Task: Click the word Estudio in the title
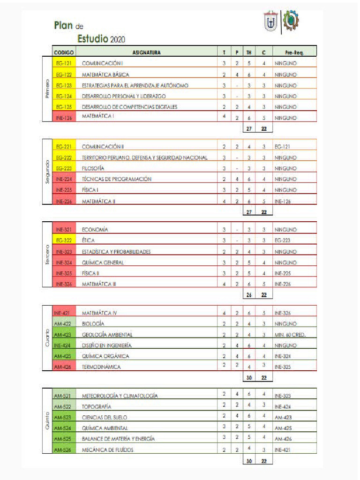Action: point(93,38)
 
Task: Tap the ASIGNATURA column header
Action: point(147,52)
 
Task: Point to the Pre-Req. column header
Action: point(294,52)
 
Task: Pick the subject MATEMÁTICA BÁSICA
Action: point(105,75)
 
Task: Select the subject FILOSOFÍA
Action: point(93,168)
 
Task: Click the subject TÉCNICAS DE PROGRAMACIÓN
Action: point(117,179)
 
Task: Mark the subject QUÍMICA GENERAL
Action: point(103,262)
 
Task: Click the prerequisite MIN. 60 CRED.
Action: point(290,335)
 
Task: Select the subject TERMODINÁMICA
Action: point(101,367)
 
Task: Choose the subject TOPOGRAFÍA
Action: point(97,406)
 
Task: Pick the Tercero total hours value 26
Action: point(249,295)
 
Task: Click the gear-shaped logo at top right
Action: point(291,21)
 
